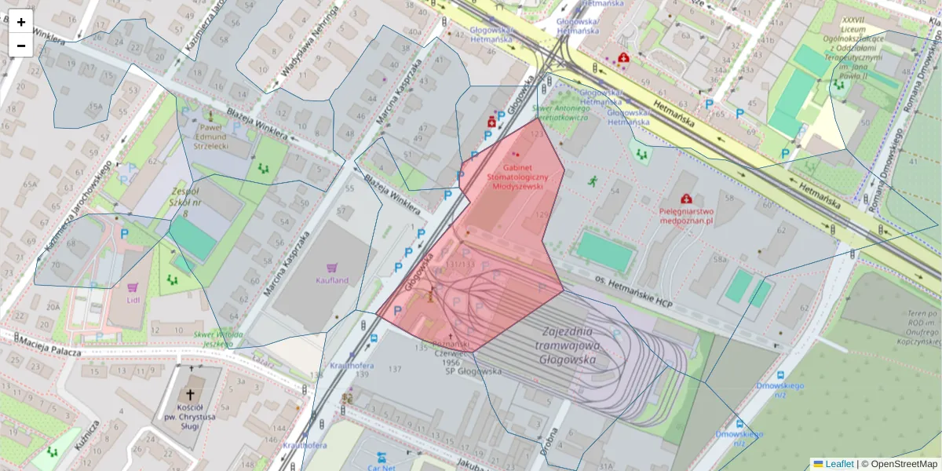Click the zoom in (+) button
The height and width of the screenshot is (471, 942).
coord(21,22)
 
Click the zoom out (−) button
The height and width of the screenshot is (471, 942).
coord(21,46)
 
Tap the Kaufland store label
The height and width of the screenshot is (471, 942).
coord(331,280)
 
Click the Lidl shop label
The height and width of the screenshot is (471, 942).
coord(132,300)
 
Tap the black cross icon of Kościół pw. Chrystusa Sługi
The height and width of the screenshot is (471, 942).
coord(189,396)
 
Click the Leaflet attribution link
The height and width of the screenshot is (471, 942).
coord(839,464)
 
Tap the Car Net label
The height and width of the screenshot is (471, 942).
coord(382,467)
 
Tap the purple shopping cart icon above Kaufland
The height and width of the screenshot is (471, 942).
coord(332,268)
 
